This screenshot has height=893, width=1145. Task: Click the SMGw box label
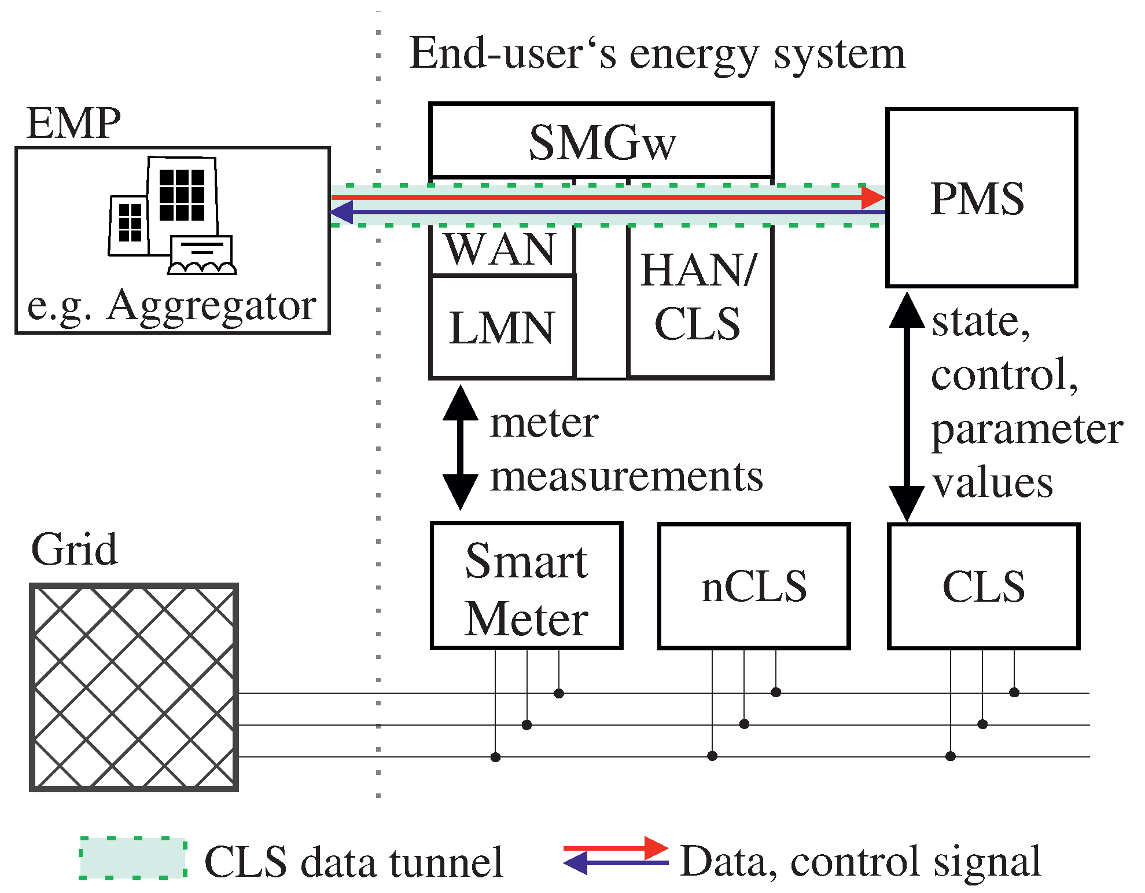tap(602, 142)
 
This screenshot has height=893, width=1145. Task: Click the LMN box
tap(502, 328)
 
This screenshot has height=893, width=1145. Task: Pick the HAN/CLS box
tap(699, 298)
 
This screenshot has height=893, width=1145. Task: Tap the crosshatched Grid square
tap(134, 687)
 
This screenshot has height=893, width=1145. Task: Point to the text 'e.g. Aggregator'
tap(172, 305)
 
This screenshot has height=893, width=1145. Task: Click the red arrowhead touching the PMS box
tap(872, 197)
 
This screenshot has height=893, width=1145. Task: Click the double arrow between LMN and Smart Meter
tap(460, 448)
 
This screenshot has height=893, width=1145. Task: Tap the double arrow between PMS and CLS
tap(906, 407)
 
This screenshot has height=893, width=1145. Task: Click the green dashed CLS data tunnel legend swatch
tap(133, 858)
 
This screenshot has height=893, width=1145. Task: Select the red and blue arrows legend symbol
tap(616, 856)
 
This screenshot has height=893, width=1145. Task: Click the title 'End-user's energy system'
tap(657, 53)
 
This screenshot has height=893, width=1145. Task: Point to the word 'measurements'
tap(626, 477)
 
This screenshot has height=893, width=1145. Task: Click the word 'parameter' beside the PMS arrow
tap(1027, 430)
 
